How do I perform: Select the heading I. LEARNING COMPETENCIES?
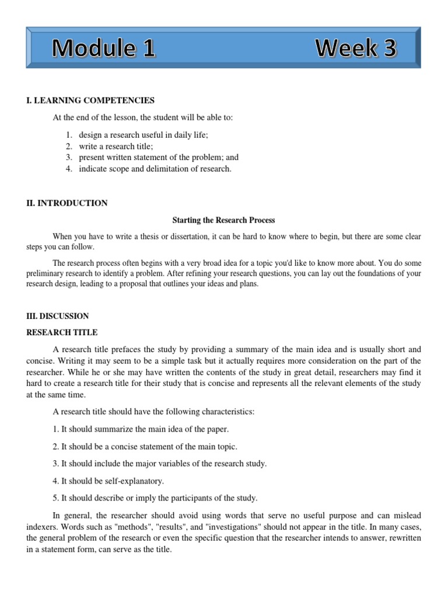point(90,100)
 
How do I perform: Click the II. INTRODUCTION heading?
point(67,203)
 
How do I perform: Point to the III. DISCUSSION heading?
point(58,316)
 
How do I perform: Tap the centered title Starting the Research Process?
point(223,220)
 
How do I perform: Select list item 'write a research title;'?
point(116,146)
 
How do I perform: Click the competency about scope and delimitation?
point(155,169)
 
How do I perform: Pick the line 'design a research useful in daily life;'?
point(143,135)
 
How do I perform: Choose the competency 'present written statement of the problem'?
point(159,158)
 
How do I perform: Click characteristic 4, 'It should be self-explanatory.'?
point(108,481)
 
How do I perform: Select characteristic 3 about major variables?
point(160,464)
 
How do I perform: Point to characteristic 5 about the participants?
point(155,498)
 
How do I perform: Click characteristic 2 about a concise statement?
point(145,447)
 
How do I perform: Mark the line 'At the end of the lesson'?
point(143,117)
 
